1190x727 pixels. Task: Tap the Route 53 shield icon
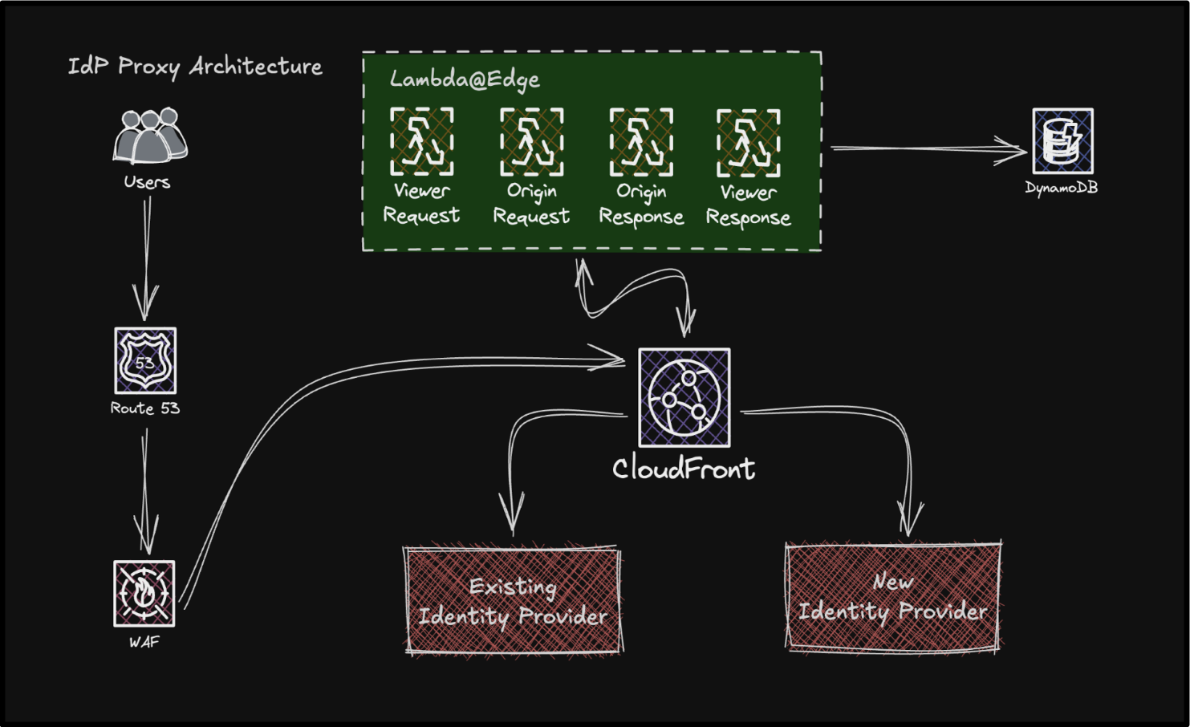point(145,360)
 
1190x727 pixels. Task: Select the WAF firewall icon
point(144,594)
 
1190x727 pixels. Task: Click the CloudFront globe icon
point(684,397)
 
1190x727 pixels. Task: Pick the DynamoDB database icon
point(1062,141)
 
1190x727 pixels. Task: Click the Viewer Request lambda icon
point(422,142)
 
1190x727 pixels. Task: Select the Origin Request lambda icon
point(531,142)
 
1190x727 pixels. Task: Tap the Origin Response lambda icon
point(641,142)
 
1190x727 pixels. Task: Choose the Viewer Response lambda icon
point(748,143)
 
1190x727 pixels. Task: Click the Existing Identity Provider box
point(514,600)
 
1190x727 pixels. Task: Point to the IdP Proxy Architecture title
point(195,67)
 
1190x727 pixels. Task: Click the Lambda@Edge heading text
point(465,79)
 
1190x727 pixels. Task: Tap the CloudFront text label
point(684,469)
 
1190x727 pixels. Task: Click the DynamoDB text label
point(1061,188)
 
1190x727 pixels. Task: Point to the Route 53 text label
point(145,408)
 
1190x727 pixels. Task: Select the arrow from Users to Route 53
point(147,257)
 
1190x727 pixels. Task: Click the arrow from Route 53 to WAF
point(145,489)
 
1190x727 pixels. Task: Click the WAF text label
point(144,642)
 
